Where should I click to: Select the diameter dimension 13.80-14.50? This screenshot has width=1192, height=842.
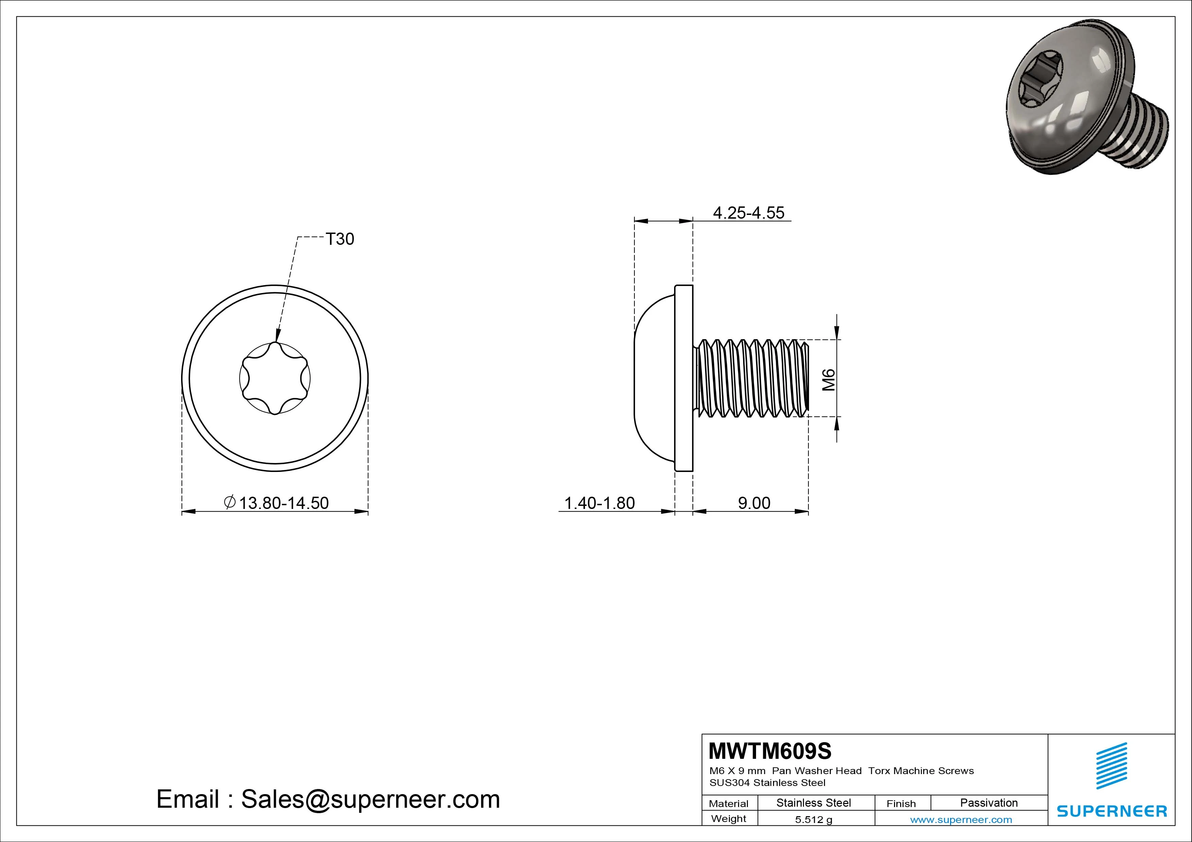click(x=283, y=503)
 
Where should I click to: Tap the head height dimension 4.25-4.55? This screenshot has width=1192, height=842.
click(x=748, y=213)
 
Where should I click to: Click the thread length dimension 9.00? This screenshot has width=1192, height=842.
click(x=754, y=503)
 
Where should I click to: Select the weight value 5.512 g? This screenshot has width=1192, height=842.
click(x=813, y=820)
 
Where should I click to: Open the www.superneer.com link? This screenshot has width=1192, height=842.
click(x=961, y=820)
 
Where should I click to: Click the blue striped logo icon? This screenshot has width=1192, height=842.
click(x=1111, y=766)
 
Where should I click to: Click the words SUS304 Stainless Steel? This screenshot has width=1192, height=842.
click(x=767, y=782)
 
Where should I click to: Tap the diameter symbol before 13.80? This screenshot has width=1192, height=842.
click(x=229, y=502)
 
